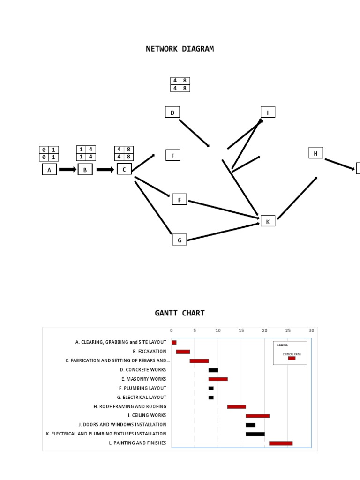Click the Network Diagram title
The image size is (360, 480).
point(180,49)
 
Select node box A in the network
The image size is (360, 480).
point(49,170)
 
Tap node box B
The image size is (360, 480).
point(85,170)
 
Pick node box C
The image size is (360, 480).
point(124,169)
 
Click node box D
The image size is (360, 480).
point(172,112)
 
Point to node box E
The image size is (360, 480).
point(172,156)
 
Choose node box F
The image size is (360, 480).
point(179,200)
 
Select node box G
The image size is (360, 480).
point(179,240)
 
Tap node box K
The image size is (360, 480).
point(268,221)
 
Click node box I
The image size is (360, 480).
point(268,112)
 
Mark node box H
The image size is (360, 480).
point(315,153)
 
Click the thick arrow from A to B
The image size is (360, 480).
point(67,170)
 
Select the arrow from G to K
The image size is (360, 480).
point(223,232)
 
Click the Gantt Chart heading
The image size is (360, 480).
point(180,313)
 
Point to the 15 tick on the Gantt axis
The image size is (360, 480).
point(241,330)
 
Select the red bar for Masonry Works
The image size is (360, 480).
point(218,379)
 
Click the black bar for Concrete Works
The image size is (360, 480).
point(213,370)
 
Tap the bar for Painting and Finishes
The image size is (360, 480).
point(281,443)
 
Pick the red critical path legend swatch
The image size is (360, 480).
point(292,358)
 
